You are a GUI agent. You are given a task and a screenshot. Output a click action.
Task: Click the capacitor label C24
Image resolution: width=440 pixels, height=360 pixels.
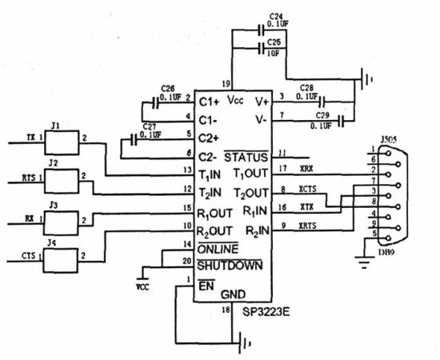click(x=276, y=15)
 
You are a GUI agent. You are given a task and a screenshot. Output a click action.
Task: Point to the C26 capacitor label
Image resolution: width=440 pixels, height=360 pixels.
click(x=168, y=90)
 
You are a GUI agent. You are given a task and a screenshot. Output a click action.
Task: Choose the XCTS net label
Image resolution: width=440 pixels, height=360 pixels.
click(x=309, y=189)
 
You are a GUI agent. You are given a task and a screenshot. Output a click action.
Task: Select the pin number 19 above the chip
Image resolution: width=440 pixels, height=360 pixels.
click(x=227, y=83)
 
